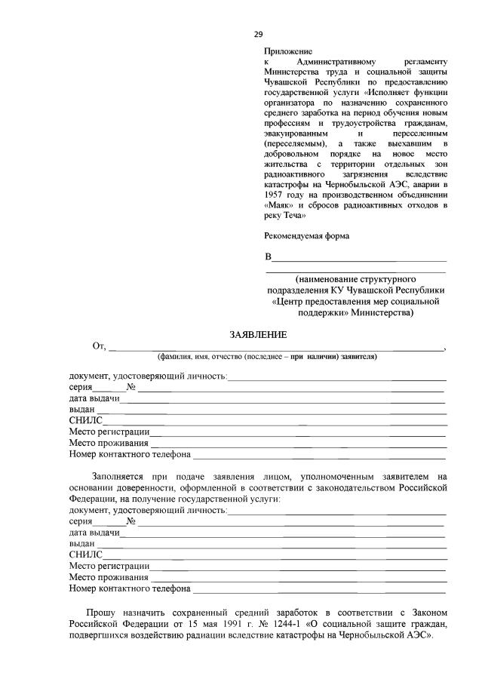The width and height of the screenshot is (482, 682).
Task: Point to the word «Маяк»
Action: pos(281,204)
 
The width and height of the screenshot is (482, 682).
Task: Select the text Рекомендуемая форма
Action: pos(306,235)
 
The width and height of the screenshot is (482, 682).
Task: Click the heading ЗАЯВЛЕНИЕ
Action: pos(258,334)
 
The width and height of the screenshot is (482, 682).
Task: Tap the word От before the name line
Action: pos(98,346)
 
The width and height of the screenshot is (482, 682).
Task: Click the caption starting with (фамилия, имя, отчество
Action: pos(266,356)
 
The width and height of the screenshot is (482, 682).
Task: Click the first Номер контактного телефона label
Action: pos(129,455)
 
